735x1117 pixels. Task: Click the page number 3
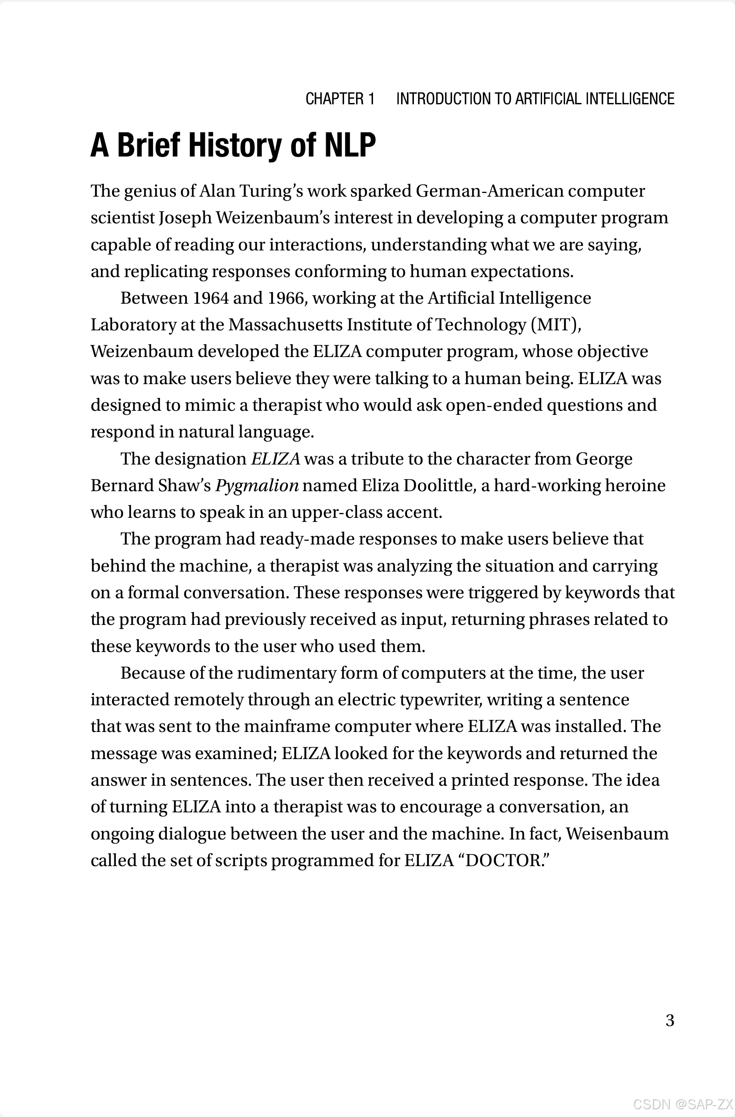670,1021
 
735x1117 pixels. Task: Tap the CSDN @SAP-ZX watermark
683,1103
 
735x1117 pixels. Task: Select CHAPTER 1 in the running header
340,99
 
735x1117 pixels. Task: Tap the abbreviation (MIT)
556,325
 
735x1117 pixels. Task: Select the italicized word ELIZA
276,459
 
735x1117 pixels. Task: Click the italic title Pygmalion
257,486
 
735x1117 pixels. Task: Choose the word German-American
490,192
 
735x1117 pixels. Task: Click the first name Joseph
185,218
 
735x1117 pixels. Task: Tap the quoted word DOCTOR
503,860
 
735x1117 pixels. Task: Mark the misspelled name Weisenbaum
617,833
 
